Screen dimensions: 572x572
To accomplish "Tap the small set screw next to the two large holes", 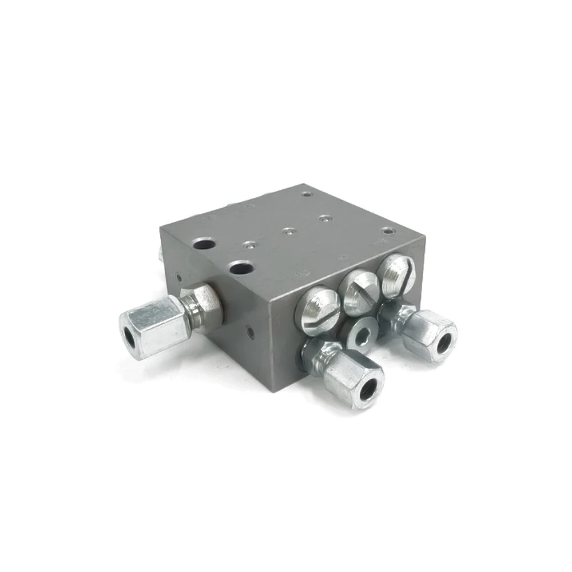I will pos(248,245).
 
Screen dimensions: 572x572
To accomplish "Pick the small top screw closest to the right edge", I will pos(390,231).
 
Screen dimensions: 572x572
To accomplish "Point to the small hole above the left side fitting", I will pos(180,279).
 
